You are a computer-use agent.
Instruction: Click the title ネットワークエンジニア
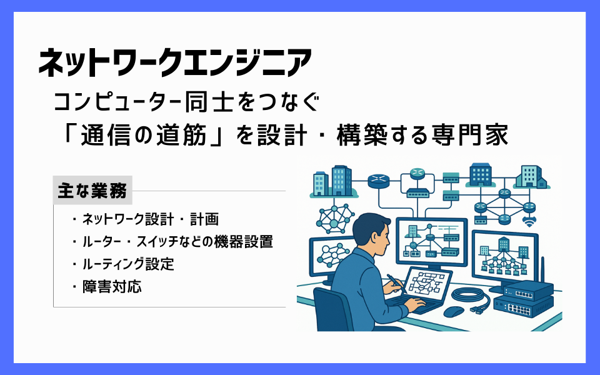coord(175,62)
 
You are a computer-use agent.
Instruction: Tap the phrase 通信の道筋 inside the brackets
coord(144,135)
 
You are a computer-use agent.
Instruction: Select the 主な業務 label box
coord(92,190)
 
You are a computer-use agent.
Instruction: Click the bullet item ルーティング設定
coord(128,264)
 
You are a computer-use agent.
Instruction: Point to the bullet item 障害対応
coord(112,287)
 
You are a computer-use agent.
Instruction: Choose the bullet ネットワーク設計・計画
coord(151,219)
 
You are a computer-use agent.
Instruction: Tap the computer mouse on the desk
coord(454,311)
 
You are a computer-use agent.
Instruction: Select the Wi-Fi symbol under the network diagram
coord(529,221)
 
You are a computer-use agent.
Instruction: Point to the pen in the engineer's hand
coord(396,282)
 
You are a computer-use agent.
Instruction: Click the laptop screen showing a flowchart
coord(427,284)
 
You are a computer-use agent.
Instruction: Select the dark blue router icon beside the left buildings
coord(379,181)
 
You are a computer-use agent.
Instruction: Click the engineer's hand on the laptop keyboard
coord(414,304)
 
